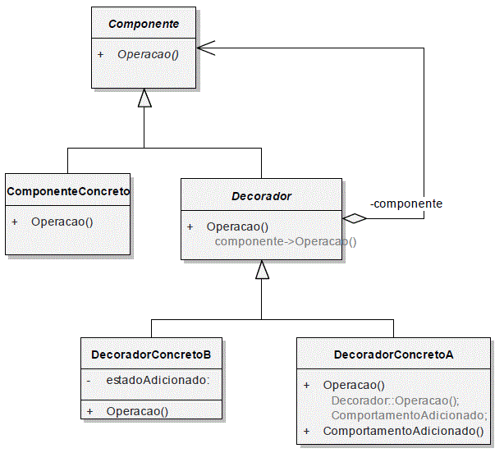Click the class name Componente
click(x=144, y=24)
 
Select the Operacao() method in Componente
click(x=148, y=54)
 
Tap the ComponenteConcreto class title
click(x=68, y=191)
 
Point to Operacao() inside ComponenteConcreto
click(x=62, y=222)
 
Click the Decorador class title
click(x=261, y=196)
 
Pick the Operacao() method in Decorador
click(x=237, y=226)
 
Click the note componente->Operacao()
click(x=286, y=241)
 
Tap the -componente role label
click(x=406, y=204)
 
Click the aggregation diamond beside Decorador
click(x=355, y=218)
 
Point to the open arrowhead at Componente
click(x=206, y=48)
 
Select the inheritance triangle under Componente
click(x=144, y=98)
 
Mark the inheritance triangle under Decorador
click(x=262, y=269)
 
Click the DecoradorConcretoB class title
click(x=151, y=355)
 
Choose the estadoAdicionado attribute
click(x=158, y=380)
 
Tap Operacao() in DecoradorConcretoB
click(x=137, y=411)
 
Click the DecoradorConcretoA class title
click(x=394, y=355)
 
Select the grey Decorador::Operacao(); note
click(x=396, y=400)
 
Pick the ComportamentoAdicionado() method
click(x=403, y=431)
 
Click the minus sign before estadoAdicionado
click(x=89, y=381)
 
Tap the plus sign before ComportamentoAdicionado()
click(x=307, y=431)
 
